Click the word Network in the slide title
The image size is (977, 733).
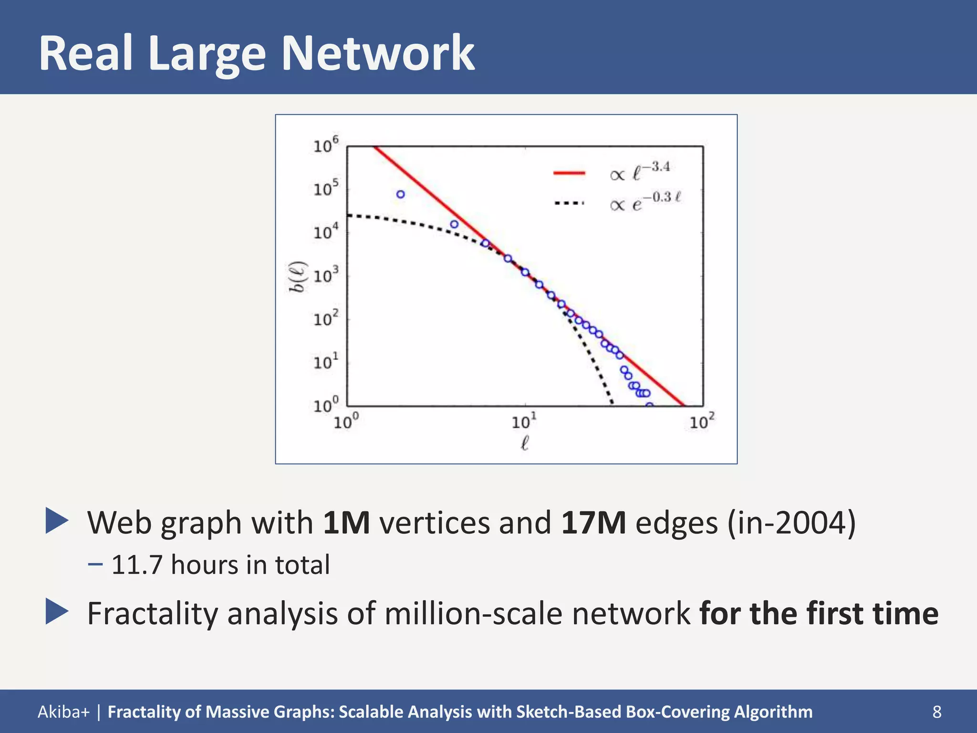pos(378,53)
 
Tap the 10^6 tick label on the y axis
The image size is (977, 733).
pos(326,146)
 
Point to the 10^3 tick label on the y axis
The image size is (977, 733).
pos(326,275)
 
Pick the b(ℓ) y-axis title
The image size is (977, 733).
pos(299,277)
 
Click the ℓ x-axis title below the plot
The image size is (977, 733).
pos(524,443)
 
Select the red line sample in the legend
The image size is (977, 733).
pos(569,173)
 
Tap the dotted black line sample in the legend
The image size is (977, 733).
pos(569,203)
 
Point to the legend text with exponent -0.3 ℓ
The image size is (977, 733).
pos(645,202)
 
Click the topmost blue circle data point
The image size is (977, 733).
pos(401,194)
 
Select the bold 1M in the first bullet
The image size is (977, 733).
pos(346,523)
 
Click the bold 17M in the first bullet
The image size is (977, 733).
pos(593,523)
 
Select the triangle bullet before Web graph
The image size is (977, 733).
pos(57,521)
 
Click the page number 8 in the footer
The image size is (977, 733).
pos(937,712)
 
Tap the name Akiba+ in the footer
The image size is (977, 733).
pos(63,712)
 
